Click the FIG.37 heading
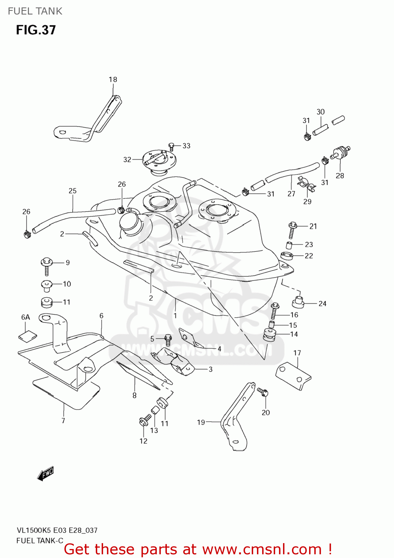pos(36,30)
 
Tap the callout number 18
pos(113,79)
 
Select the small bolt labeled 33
pos(172,146)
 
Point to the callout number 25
pos(73,191)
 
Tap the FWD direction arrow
pos(46,474)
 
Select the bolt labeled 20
pos(263,392)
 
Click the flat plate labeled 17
pos(293,376)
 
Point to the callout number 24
pos(322,304)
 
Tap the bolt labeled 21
pos(292,230)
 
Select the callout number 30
pos(321,112)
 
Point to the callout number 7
pos(63,420)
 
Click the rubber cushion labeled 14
pos(270,334)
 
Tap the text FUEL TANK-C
pos(40,541)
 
